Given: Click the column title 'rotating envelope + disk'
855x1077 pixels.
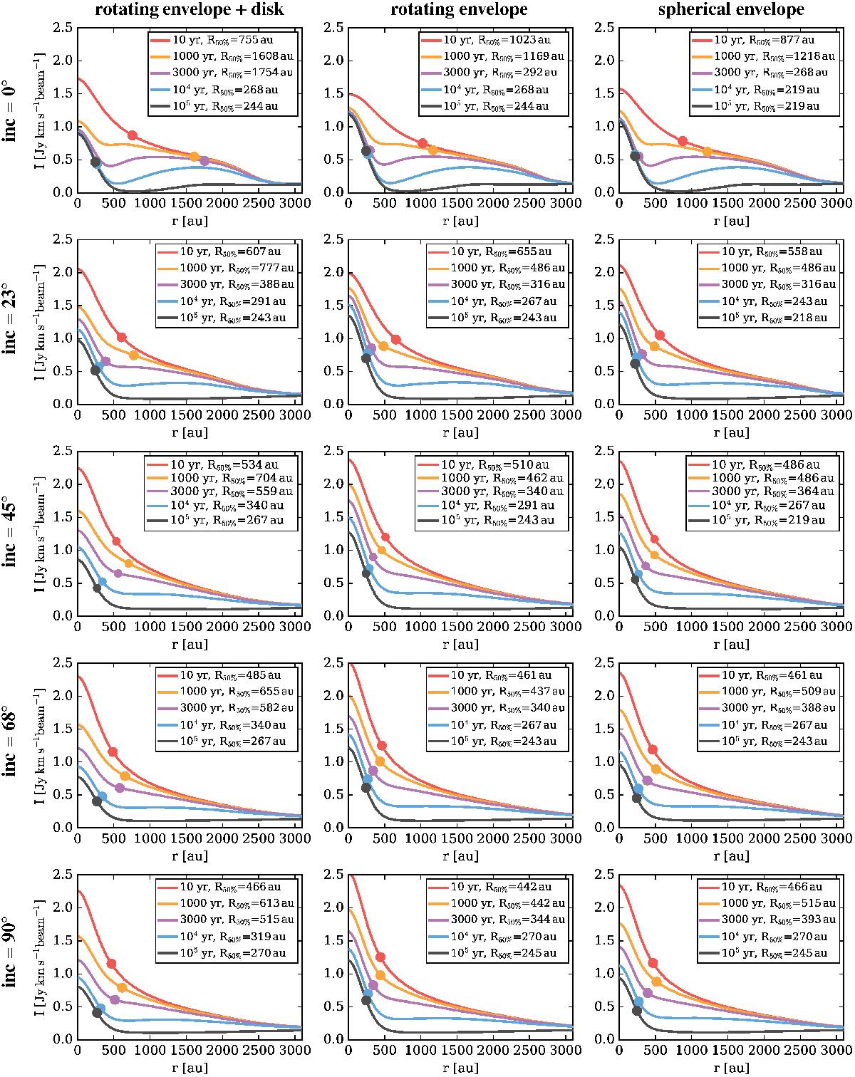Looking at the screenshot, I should pos(189,10).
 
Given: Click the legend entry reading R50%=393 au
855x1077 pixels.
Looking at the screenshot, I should pos(764,920).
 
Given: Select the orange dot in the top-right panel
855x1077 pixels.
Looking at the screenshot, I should pos(707,152).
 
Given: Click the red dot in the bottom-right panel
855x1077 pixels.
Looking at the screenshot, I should pos(652,963).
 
